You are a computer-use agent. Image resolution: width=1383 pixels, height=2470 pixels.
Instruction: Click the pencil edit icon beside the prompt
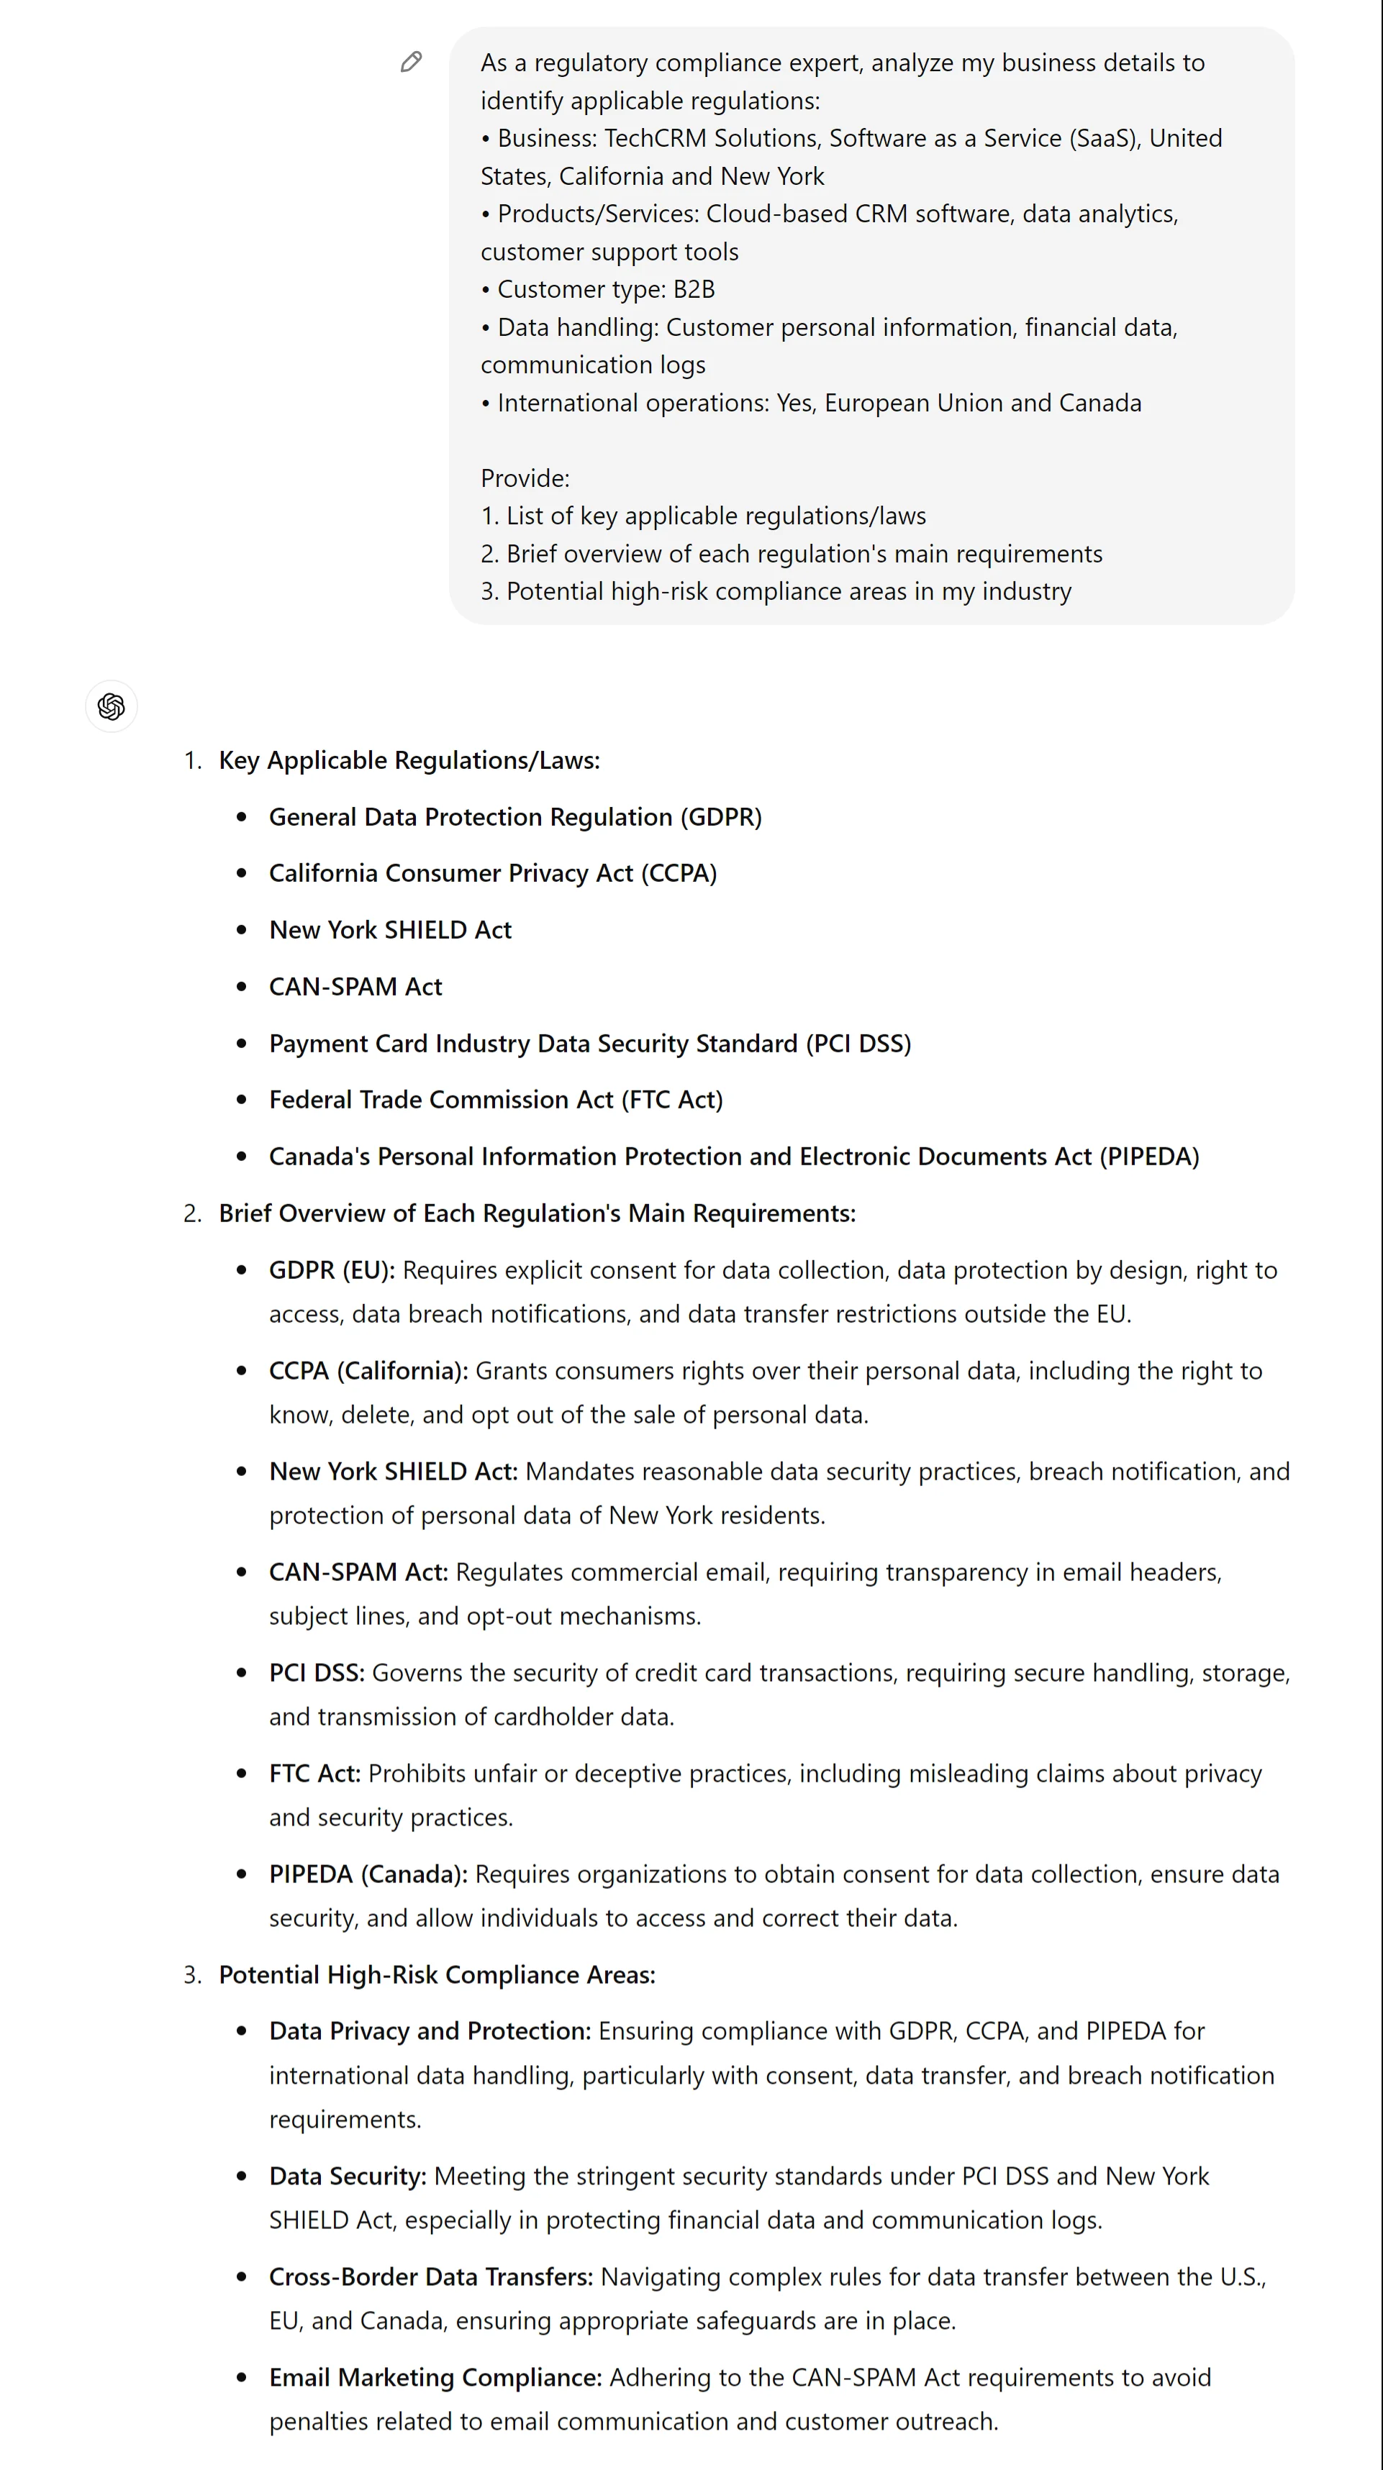412,63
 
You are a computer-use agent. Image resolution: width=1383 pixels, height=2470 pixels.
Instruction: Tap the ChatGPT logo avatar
112,706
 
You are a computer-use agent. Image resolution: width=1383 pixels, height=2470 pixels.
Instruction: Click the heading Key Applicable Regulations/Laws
409,760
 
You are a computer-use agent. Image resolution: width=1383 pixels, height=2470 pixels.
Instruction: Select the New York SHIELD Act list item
390,930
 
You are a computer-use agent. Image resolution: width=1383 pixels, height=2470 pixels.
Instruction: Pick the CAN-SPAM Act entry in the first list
355,987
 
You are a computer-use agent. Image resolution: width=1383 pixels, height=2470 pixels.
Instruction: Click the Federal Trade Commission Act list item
496,1100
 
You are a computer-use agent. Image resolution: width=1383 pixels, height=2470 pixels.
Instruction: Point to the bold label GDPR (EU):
332,1270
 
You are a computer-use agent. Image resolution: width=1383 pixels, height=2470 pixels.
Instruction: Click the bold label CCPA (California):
368,1371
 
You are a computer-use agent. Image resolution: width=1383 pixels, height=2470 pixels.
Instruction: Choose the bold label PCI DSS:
317,1673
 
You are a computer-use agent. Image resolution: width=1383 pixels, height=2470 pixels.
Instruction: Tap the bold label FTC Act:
314,1774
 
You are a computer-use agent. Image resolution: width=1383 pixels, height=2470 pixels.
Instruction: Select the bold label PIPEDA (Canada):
368,1874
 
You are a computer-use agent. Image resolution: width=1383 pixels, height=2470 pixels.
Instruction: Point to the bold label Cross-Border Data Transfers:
430,2277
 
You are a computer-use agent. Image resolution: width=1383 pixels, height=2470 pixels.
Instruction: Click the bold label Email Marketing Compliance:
435,2378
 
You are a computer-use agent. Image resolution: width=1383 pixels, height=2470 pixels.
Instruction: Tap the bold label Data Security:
347,2177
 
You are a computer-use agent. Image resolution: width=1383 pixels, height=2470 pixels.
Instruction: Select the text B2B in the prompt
694,290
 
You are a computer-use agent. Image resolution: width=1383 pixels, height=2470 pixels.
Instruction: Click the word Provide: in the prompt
525,478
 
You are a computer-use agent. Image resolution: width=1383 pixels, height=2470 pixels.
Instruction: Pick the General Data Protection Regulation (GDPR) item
515,817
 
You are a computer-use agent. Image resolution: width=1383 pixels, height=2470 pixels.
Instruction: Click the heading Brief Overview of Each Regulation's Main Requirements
537,1214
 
